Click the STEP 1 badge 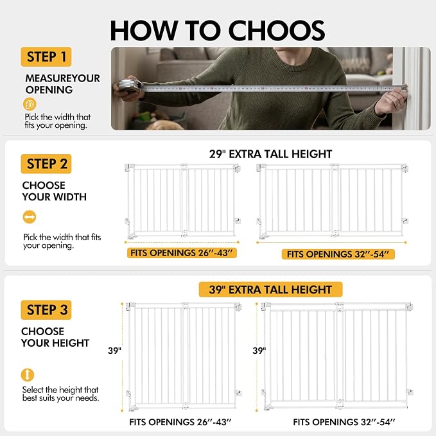[46, 57]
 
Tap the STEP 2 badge [46, 164]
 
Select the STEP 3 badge [46, 310]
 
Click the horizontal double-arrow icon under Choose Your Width [29, 217]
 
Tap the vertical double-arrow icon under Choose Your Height [27, 375]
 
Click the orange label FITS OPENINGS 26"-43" [182, 253]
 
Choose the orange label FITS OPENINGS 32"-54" [338, 254]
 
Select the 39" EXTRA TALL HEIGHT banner [270, 290]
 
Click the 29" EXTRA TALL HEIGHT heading [270, 154]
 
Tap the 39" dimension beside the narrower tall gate [114, 351]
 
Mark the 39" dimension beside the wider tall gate [259, 351]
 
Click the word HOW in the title [144, 31]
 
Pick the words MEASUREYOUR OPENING [62, 84]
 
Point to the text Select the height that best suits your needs [60, 394]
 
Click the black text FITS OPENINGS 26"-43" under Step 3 [180, 422]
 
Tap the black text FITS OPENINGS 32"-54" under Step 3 [344, 422]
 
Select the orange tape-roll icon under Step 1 [30, 104]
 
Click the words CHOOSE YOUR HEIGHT [55, 337]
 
